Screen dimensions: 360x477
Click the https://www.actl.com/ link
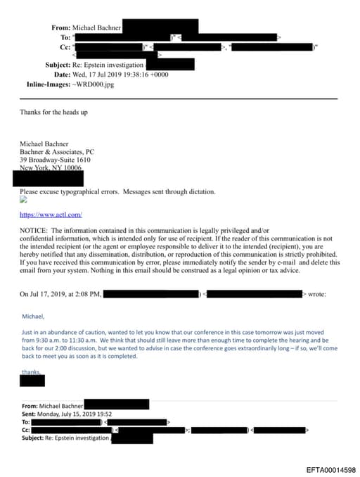[x=51, y=215]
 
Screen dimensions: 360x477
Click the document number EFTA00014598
[x=331, y=469]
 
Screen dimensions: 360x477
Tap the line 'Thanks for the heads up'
[x=53, y=113]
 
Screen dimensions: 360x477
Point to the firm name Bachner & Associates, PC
[x=57, y=151]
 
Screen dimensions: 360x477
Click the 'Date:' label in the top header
[x=62, y=75]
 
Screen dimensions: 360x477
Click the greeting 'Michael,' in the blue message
[x=33, y=317]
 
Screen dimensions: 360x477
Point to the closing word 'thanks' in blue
[x=31, y=371]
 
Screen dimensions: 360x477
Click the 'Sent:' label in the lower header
[x=30, y=414]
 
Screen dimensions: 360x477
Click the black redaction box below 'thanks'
[x=32, y=381]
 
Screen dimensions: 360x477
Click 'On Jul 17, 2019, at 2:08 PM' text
[x=61, y=294]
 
